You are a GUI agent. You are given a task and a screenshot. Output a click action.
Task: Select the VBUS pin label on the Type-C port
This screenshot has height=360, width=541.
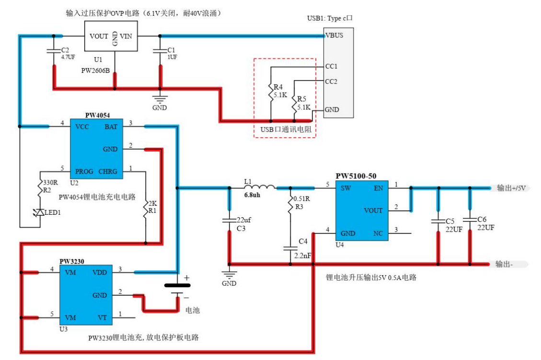(x=334, y=35)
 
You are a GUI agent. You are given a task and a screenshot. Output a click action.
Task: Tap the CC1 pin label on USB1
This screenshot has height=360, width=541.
(x=331, y=66)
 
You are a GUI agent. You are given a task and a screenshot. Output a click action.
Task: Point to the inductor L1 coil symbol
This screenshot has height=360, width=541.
(x=261, y=187)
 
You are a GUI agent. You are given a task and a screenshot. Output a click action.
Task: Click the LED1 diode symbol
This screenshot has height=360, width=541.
(x=40, y=212)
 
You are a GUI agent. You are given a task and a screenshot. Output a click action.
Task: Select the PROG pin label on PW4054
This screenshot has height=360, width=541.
(x=84, y=171)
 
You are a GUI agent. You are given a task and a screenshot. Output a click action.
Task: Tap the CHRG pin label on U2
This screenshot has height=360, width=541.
(x=108, y=171)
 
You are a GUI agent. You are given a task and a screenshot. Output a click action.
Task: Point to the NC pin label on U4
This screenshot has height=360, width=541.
(x=378, y=233)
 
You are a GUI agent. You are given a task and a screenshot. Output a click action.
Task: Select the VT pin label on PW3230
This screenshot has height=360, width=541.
(x=102, y=317)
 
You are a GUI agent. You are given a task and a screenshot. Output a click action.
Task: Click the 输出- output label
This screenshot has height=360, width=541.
(x=505, y=264)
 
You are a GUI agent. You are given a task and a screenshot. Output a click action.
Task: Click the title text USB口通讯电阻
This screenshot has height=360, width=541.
(x=285, y=130)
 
